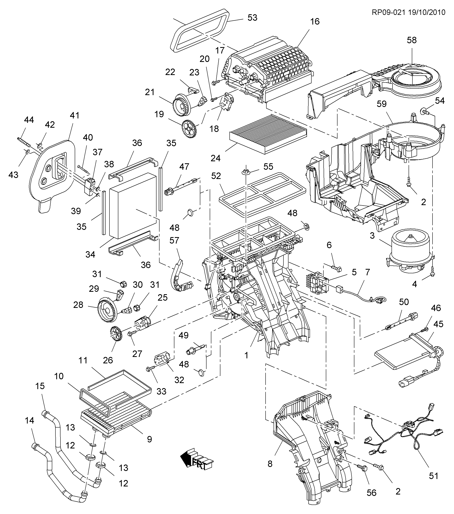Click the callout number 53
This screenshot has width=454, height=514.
pos(252,18)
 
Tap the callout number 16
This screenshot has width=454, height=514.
pos(315,22)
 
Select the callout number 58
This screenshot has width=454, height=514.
pos(412,40)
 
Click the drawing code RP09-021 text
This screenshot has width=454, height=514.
pos(388,12)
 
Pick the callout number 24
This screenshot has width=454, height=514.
pos(216,158)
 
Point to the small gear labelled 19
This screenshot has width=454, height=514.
pos(189,129)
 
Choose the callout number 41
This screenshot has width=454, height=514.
pos(75,115)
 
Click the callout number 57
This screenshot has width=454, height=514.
pos(174,240)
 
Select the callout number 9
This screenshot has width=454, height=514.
pos(149,439)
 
